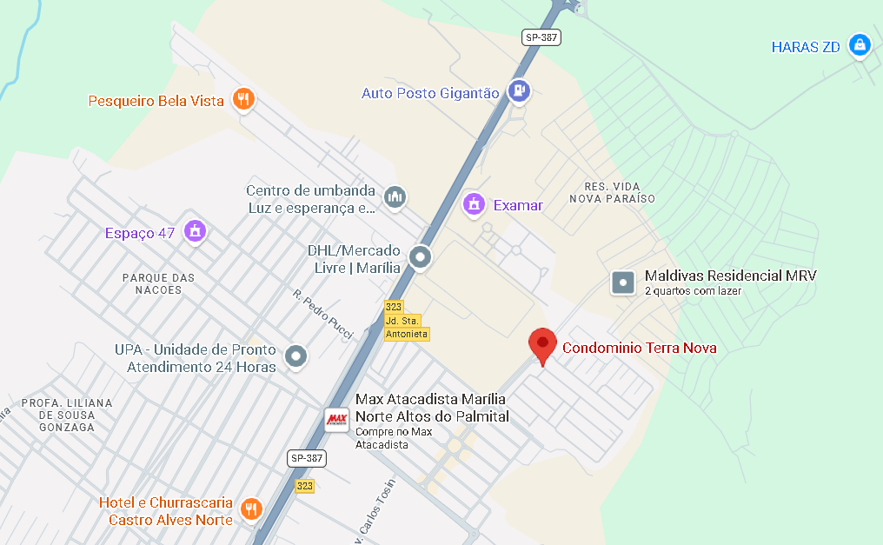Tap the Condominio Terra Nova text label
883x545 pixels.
(640, 349)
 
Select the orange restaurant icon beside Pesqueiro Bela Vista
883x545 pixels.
(243, 99)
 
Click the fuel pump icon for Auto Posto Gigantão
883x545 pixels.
(519, 90)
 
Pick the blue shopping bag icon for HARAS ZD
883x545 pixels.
(860, 44)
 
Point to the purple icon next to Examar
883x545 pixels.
(474, 204)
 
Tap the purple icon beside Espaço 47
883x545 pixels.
(196, 231)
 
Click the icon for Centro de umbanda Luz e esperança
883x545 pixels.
(395, 197)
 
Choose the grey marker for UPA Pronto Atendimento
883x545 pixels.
(296, 356)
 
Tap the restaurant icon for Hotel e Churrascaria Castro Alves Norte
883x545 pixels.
(252, 508)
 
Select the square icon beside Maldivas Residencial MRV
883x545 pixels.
(623, 282)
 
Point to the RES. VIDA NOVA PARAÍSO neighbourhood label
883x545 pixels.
(613, 193)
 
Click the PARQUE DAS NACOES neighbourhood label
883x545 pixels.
(158, 283)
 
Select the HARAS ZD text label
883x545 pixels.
(806, 47)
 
